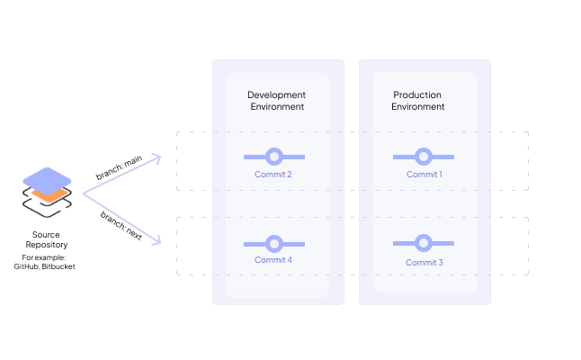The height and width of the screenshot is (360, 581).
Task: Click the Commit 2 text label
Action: (x=273, y=175)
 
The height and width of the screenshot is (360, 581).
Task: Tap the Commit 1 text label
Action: (x=424, y=175)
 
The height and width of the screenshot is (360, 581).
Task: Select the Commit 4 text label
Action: (x=273, y=260)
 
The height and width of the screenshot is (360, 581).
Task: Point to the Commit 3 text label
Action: (x=424, y=263)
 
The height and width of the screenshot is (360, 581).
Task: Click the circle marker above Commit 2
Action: (x=274, y=157)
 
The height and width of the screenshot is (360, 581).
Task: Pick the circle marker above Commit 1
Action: (x=424, y=157)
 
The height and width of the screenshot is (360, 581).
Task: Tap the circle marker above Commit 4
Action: (x=274, y=243)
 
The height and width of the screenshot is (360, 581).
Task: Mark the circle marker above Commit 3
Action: (x=424, y=243)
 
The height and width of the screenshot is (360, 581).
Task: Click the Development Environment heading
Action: (x=276, y=101)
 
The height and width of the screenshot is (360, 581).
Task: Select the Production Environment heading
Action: (x=418, y=101)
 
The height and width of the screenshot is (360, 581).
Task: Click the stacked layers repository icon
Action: (x=46, y=192)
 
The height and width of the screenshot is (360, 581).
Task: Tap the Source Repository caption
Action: (x=45, y=239)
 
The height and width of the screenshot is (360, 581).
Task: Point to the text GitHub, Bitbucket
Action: (x=45, y=267)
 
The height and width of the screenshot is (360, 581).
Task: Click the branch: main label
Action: (x=120, y=166)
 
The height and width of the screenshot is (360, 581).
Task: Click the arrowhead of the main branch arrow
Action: (x=156, y=157)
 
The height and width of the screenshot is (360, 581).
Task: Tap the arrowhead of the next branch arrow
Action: (x=156, y=241)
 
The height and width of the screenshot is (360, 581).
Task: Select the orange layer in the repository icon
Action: (x=46, y=194)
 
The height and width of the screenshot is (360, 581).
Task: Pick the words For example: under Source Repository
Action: (x=45, y=258)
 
